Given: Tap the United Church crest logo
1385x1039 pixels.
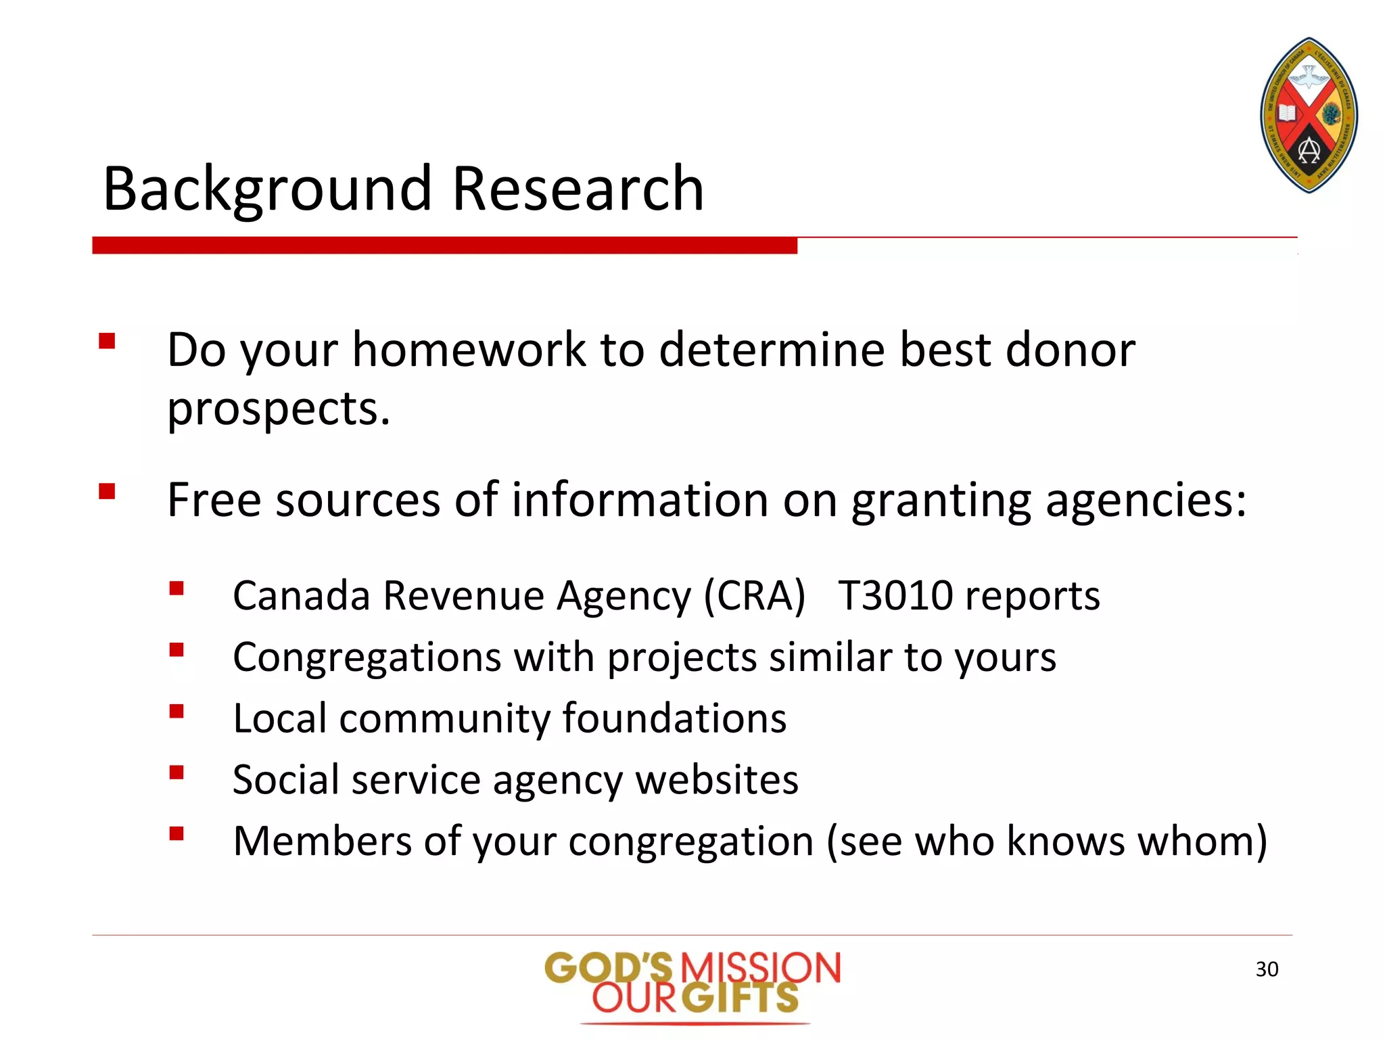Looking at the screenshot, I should tap(1309, 115).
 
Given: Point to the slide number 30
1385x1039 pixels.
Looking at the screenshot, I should tap(1267, 969).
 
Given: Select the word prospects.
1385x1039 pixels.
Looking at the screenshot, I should tap(279, 409).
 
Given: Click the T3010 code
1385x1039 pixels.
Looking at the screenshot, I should tap(895, 596).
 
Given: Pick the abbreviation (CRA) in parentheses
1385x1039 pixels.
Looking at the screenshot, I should tap(755, 596).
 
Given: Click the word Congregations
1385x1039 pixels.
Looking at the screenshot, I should tap(367, 657).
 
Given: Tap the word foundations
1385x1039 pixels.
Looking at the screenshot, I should tap(674, 718).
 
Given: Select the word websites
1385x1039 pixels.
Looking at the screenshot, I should tap(717, 780).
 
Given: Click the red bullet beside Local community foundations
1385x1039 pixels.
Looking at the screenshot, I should tap(177, 711).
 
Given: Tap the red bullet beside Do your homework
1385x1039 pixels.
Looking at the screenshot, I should tap(107, 340).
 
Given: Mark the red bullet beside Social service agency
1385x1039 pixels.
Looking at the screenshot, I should tap(177, 772).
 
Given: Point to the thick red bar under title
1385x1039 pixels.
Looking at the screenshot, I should tap(444, 246).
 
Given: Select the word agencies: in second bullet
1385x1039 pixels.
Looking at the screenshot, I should tap(1146, 501).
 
